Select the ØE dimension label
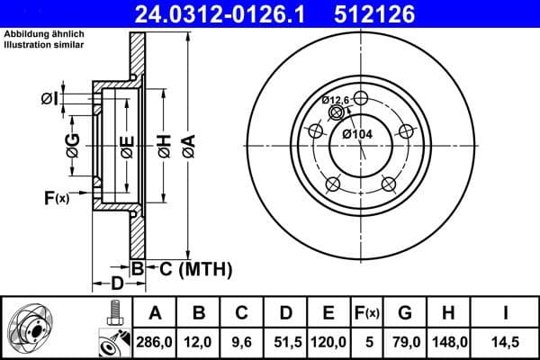(x=127, y=146)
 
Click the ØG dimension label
(x=73, y=141)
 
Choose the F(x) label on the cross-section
(x=56, y=197)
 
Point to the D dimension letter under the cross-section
(x=116, y=284)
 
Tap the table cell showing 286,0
(x=156, y=343)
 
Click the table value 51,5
(x=285, y=343)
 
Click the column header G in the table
(x=404, y=313)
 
